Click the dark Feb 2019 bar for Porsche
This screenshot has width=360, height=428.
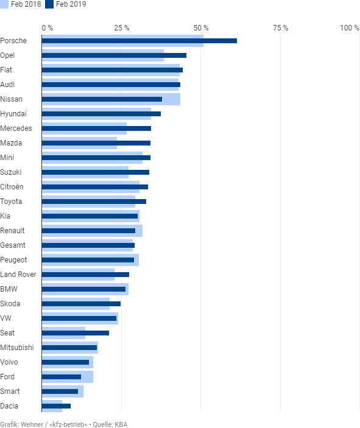139,41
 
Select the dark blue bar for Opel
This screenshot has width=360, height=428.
114,55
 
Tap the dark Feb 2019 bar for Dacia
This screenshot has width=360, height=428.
56,406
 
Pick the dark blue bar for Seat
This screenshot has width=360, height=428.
76,333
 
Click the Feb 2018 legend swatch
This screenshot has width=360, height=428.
4,4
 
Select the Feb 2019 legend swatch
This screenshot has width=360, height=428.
49,4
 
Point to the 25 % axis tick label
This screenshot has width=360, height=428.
122,28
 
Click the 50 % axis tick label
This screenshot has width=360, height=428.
201,28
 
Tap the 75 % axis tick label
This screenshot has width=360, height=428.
281,28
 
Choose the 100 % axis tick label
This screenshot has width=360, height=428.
350,28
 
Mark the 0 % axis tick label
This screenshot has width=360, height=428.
48,28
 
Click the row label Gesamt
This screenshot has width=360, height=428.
13,245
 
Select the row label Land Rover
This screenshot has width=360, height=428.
18,275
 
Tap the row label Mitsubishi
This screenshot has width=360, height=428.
17,348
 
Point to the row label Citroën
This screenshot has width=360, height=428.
12,187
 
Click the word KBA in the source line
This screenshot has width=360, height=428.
121,424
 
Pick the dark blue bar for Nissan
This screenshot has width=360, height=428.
102,99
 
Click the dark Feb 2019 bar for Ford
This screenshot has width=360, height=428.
62,377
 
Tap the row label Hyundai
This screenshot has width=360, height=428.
13,114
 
